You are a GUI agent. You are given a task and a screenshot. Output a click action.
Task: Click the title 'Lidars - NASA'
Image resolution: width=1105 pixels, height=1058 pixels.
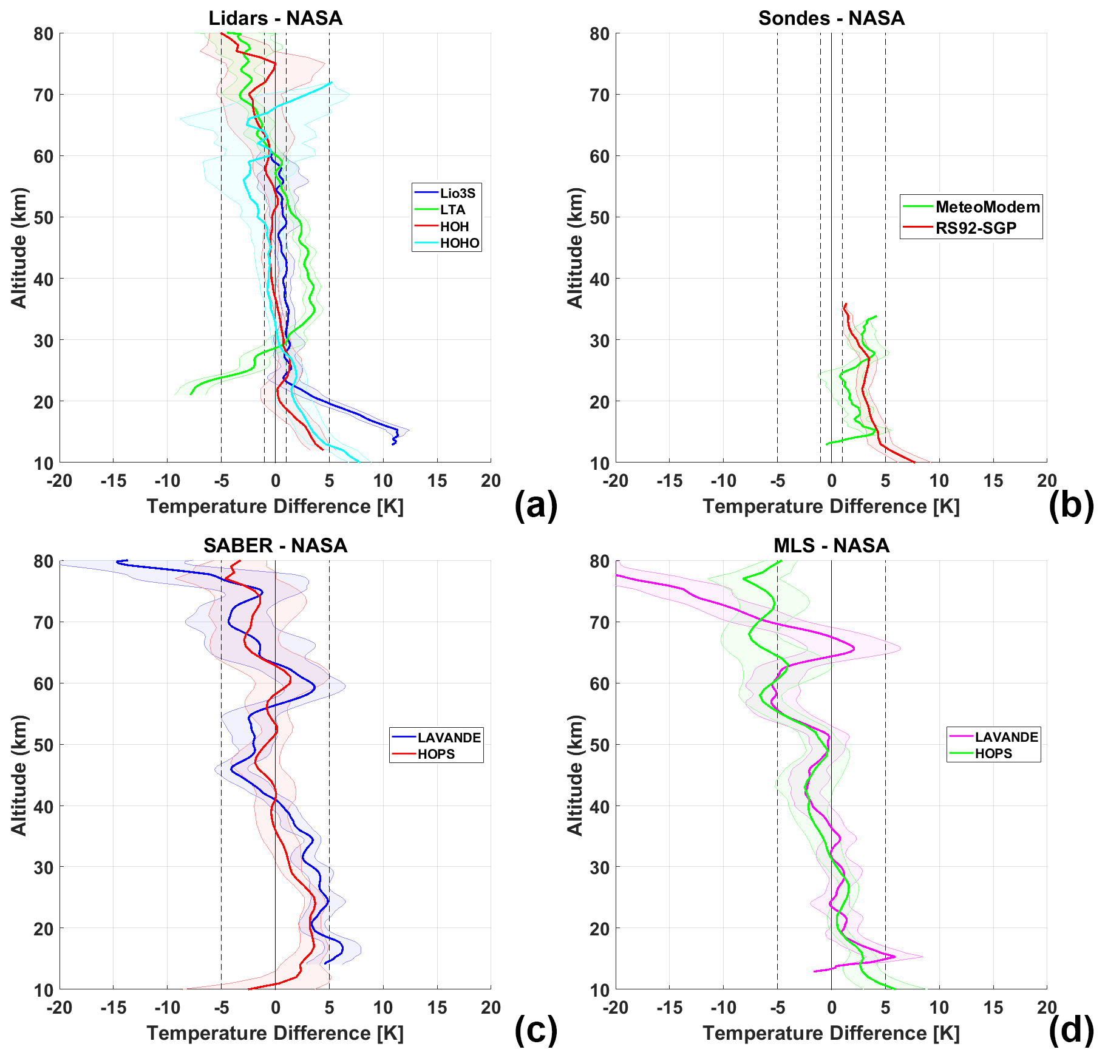275,18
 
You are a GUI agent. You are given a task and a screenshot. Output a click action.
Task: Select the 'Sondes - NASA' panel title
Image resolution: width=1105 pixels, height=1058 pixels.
831,18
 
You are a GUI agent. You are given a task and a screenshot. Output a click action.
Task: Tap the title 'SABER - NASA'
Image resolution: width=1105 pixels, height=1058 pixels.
275,545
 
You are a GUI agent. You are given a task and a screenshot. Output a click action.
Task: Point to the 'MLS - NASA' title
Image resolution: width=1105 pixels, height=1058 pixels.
831,545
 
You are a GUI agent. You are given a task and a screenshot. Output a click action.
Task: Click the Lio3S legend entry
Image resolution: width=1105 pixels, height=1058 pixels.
457,193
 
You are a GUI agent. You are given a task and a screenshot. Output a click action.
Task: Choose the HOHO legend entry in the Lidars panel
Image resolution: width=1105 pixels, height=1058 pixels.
460,243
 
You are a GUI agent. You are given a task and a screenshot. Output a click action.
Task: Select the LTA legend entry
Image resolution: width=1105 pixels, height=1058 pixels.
452,209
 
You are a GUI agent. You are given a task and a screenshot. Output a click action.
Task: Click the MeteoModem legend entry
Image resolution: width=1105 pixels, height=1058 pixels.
987,207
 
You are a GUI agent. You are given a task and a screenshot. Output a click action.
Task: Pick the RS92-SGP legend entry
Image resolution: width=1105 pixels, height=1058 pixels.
976,228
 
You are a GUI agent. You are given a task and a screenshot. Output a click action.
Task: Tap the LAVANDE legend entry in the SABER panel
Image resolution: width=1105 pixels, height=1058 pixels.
449,737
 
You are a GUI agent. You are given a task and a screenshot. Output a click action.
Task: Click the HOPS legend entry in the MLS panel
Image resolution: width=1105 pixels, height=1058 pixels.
993,753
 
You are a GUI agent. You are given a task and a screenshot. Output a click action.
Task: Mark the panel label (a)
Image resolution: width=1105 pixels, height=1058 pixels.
535,505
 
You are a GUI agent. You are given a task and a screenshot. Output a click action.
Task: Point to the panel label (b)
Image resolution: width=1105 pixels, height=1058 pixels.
1070,505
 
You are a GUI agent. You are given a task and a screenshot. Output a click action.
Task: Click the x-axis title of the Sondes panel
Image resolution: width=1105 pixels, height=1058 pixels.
831,506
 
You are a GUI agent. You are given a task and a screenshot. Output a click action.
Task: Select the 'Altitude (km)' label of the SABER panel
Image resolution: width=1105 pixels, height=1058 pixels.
19,775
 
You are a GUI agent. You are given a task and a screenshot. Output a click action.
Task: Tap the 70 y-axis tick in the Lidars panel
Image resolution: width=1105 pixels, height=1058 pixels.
44,95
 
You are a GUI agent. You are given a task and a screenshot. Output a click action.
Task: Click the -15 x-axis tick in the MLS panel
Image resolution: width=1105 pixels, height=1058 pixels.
669,1008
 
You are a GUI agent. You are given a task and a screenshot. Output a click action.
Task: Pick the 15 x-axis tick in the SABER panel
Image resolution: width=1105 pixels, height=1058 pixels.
437,1008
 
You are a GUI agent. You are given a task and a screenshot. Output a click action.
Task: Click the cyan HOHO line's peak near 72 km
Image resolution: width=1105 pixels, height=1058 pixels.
331,83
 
